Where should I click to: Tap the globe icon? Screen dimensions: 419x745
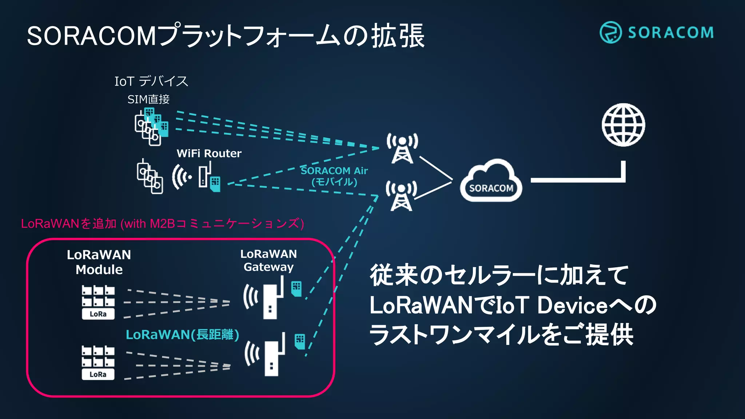click(623, 125)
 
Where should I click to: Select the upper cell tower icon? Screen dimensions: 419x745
click(402, 148)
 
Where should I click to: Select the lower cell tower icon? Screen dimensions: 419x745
click(401, 196)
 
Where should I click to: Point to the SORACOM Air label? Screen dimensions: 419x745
click(334, 171)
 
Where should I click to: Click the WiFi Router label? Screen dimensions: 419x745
click(209, 153)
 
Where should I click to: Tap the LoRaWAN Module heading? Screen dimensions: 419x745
click(99, 262)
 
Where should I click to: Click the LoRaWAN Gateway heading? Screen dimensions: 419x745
click(268, 260)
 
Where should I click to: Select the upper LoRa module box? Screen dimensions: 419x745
click(98, 302)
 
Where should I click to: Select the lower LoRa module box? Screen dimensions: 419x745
click(98, 363)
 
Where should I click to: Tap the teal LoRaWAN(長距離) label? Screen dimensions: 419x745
click(182, 335)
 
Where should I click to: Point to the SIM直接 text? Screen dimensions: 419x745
click(148, 99)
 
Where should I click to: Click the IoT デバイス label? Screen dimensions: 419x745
click(151, 81)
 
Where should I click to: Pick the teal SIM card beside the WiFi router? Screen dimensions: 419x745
click(215, 184)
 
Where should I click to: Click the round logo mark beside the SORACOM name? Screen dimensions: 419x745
click(610, 32)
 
